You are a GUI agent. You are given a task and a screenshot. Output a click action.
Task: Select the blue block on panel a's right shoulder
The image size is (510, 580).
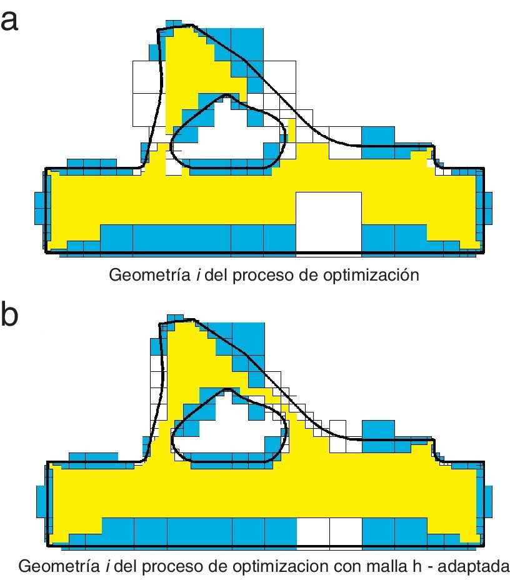coord(379,136)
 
